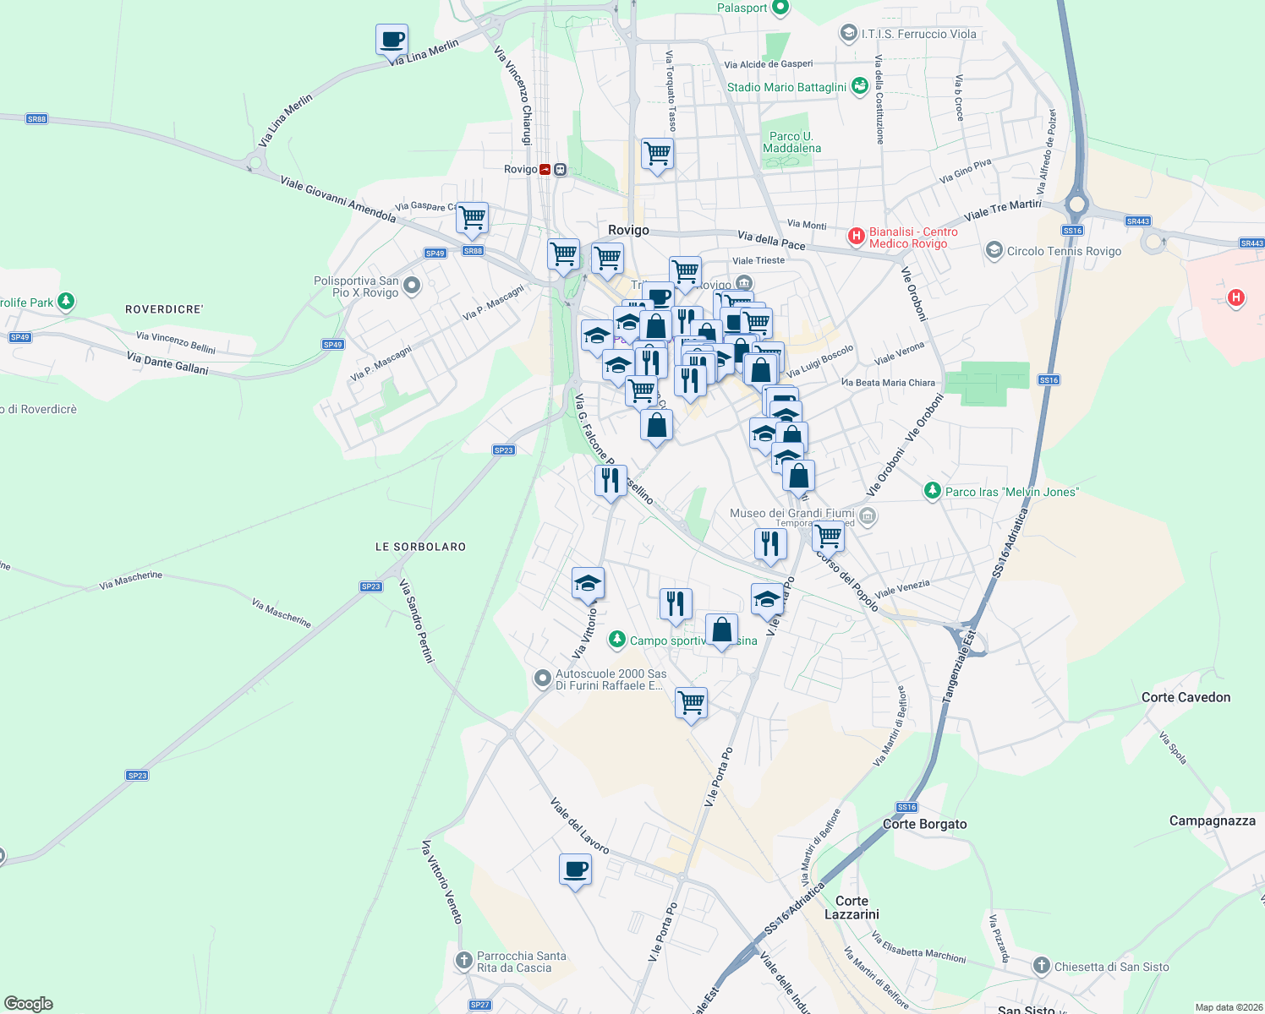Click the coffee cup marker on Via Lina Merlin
pyautogui.click(x=392, y=40)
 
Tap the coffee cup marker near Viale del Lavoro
pyautogui.click(x=575, y=870)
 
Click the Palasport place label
pyautogui.click(x=742, y=8)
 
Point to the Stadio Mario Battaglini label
pyautogui.click(x=786, y=87)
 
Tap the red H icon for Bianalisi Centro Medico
pyautogui.click(x=857, y=236)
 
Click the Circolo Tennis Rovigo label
pyautogui.click(x=1064, y=251)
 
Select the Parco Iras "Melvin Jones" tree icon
pyautogui.click(x=932, y=491)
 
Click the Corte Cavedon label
pyautogui.click(x=1186, y=697)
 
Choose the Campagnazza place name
pyautogui.click(x=1212, y=820)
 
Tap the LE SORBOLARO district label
pyautogui.click(x=420, y=547)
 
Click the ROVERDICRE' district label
pyautogui.click(x=164, y=309)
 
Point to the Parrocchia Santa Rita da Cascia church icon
pyautogui.click(x=463, y=961)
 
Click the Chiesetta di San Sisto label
pyautogui.click(x=1111, y=967)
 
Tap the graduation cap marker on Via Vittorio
pyautogui.click(x=588, y=583)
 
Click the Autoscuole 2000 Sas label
pyautogui.click(x=611, y=679)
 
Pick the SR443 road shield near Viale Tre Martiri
pyautogui.click(x=1137, y=221)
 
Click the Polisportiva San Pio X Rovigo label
pyautogui.click(x=356, y=286)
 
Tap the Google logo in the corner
pyautogui.click(x=28, y=1004)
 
